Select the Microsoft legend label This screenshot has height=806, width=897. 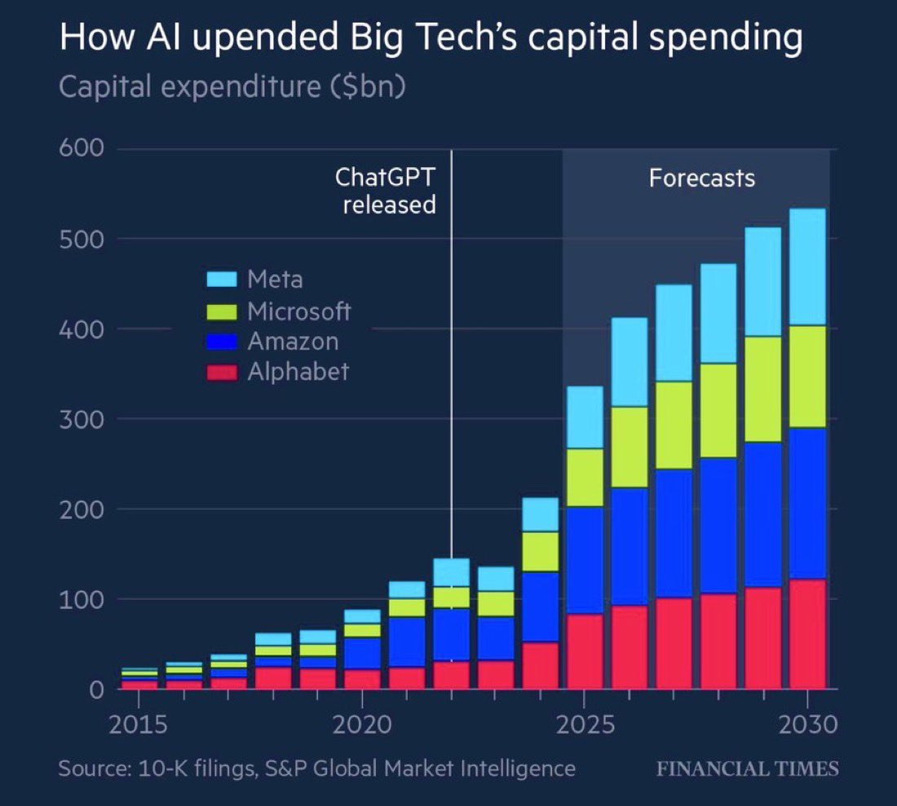point(298,311)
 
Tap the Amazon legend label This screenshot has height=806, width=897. point(292,341)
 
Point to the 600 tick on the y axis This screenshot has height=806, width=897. point(80,148)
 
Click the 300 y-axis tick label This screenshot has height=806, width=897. point(80,419)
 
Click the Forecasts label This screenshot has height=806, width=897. point(701,178)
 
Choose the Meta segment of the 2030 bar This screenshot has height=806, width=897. point(807,267)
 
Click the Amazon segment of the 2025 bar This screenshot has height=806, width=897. point(585,561)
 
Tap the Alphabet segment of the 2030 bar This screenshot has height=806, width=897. point(807,634)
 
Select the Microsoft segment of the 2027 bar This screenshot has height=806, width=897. point(674,425)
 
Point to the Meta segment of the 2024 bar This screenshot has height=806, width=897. point(540,515)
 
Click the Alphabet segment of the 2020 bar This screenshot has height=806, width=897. point(362,679)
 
